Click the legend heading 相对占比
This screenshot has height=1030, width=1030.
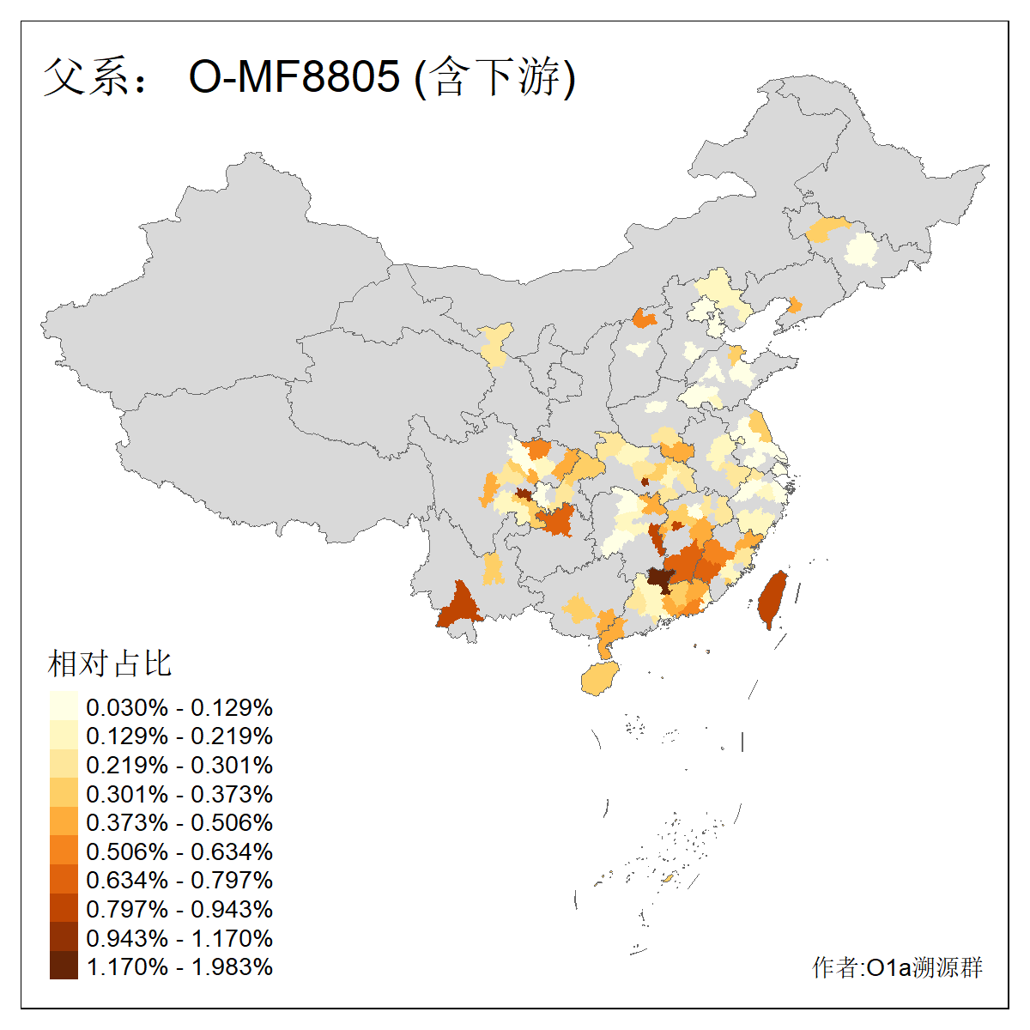(x=109, y=663)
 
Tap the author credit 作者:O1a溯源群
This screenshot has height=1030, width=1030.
(x=897, y=967)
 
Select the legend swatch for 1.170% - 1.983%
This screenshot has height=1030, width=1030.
(x=64, y=966)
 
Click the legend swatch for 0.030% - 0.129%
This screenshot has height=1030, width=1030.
(x=64, y=706)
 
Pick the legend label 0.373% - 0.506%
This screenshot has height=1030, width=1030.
(x=179, y=822)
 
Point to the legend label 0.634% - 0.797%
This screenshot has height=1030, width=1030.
(x=179, y=880)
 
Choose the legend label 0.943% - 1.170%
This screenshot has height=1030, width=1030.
(x=179, y=938)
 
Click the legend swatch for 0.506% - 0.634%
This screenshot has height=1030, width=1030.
(x=64, y=851)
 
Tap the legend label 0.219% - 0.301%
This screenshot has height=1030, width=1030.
(x=179, y=765)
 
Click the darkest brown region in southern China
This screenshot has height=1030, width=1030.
(x=660, y=579)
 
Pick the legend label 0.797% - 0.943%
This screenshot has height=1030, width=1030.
(x=179, y=909)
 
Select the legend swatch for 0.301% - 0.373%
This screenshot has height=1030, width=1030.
(x=64, y=793)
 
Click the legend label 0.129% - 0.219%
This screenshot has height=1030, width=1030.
(x=179, y=736)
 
